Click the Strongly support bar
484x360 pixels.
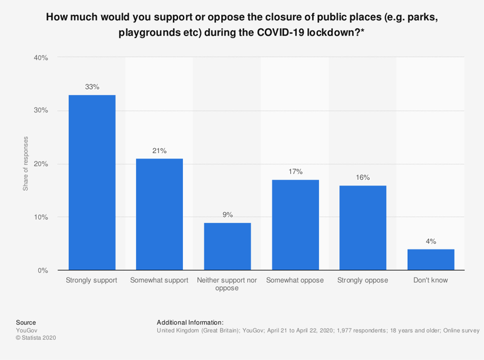point(92,182)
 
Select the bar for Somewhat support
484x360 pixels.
point(159,214)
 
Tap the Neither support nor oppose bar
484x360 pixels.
point(227,247)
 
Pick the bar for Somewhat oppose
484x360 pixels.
point(295,225)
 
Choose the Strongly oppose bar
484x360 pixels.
point(363,228)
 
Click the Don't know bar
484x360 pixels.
point(431,260)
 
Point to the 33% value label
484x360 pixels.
point(92,87)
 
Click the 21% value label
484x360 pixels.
point(159,151)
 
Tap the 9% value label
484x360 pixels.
point(227,215)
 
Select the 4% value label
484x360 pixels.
point(431,241)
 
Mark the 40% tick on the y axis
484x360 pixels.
point(41,57)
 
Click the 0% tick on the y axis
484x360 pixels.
point(43,271)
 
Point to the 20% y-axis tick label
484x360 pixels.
point(41,164)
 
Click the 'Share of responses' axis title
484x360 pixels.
point(26,164)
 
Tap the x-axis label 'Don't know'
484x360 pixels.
point(431,280)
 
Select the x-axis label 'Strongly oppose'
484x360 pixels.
point(363,280)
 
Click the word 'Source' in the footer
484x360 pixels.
point(26,322)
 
